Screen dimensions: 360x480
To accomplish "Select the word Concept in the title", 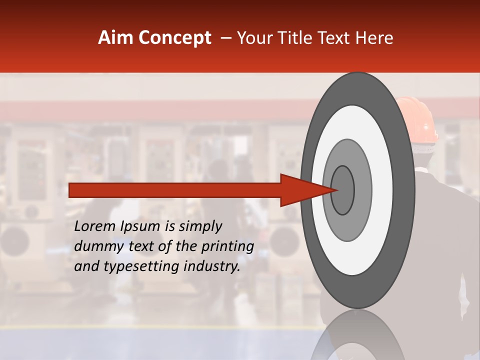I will tap(175, 38).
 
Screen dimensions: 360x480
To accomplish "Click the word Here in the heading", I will tap(374, 38).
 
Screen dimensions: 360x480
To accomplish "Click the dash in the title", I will tap(226, 38).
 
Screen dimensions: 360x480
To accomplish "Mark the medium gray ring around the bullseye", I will tap(362, 190).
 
